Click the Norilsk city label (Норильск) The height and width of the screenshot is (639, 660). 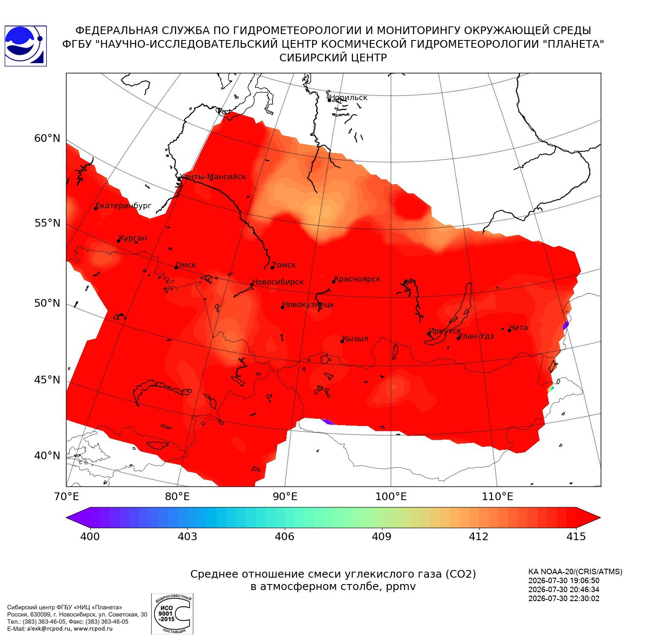coord(348,98)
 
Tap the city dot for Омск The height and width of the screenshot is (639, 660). coord(176,268)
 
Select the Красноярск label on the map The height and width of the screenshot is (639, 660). coord(357,279)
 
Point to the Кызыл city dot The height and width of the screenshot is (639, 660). coord(342,341)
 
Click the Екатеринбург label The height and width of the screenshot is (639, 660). coord(123,206)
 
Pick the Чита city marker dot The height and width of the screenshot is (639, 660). coord(509,330)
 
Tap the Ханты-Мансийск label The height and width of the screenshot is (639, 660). coord(213,177)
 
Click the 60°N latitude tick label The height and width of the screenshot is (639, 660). coord(47,138)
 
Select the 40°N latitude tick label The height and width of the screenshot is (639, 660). coord(47,456)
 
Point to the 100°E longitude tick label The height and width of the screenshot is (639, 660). coord(391,496)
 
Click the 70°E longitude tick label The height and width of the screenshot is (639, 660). coord(67,496)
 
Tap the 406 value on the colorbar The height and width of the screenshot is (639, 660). coord(284,536)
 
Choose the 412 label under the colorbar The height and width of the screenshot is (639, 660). coord(479,536)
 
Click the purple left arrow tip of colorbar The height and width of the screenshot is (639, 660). coord(67,518)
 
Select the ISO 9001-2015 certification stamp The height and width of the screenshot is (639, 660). coord(172,614)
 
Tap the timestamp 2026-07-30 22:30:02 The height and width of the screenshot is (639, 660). coord(564,599)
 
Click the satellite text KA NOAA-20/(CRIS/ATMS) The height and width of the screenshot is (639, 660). coord(575,572)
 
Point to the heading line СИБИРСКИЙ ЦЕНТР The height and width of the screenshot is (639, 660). coord(333,58)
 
